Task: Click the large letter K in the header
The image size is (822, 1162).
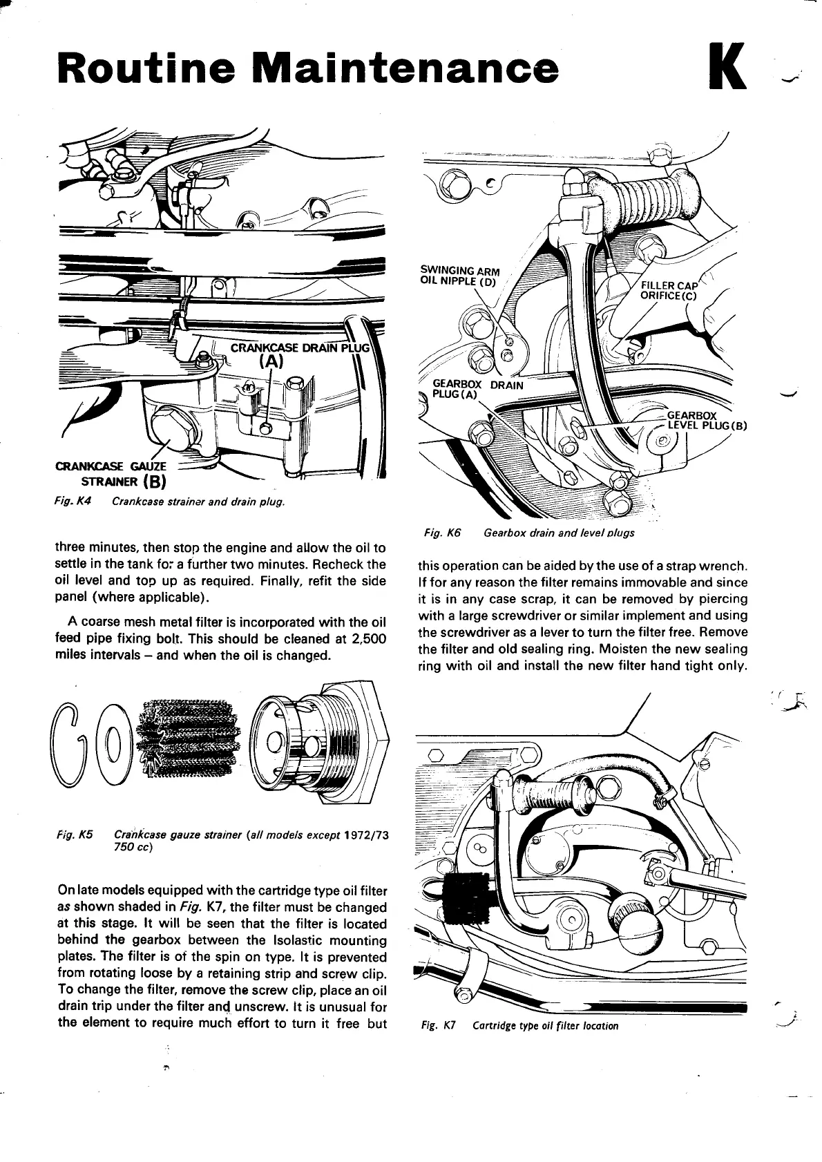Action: click(727, 67)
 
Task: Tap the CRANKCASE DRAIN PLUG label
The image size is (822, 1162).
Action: click(300, 347)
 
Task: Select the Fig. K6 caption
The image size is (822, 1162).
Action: click(528, 533)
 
